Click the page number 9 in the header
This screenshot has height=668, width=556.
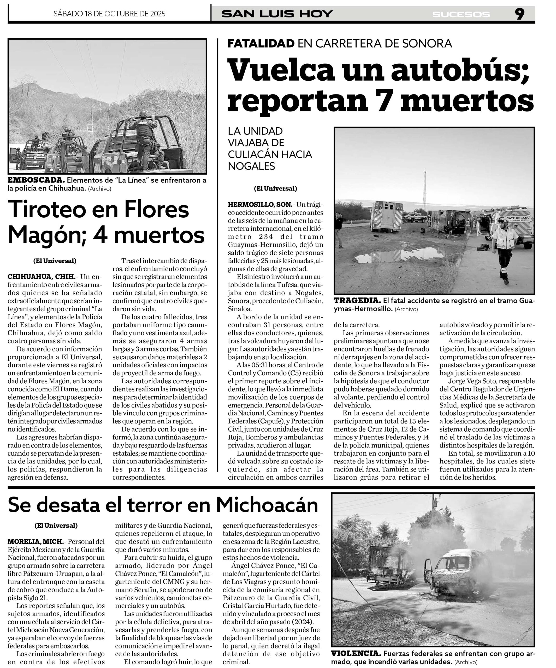pyautogui.click(x=519, y=14)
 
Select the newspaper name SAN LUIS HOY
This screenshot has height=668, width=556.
pyautogui.click(x=277, y=14)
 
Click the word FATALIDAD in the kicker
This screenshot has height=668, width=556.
pyautogui.click(x=261, y=43)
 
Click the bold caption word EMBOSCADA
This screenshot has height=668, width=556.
pyautogui.click(x=36, y=180)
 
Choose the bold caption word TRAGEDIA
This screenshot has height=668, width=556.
pyautogui.click(x=357, y=301)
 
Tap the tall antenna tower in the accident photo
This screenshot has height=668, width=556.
pyautogui.click(x=424, y=191)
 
